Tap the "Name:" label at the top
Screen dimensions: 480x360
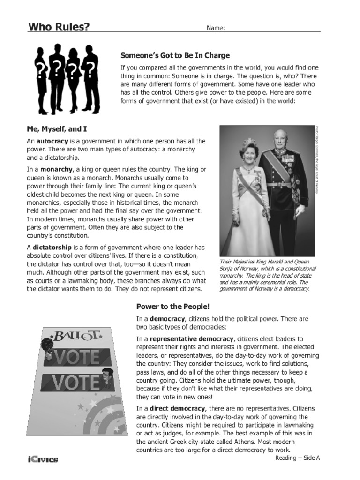pyautogui.click(x=216, y=28)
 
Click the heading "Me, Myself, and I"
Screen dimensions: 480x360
pyautogui.click(x=57, y=128)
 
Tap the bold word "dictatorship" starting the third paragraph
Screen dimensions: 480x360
pyautogui.click(x=52, y=247)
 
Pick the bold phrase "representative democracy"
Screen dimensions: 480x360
pyautogui.click(x=191, y=339)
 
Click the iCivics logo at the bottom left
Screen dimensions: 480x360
pyautogui.click(x=42, y=459)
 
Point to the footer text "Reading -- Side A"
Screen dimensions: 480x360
pyautogui.click(x=298, y=458)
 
